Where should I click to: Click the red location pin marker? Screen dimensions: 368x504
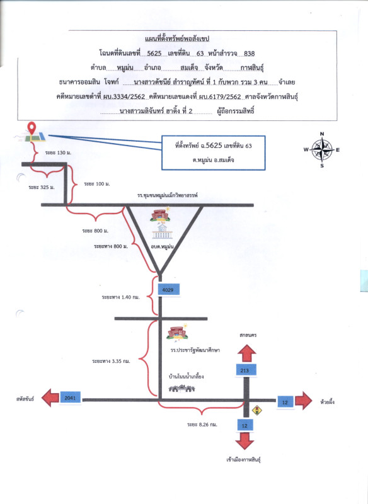pyautogui.click(x=32, y=129)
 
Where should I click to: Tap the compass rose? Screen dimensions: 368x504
pyautogui.click(x=322, y=150)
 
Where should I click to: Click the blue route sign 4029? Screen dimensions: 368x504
pyautogui.click(x=168, y=290)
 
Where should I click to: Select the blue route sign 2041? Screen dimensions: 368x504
pyautogui.click(x=70, y=398)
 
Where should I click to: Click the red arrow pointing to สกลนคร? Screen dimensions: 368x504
pyautogui.click(x=246, y=353)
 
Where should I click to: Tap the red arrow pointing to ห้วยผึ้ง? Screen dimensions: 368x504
pyautogui.click(x=303, y=401)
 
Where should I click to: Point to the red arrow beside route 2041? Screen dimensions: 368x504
pyautogui.click(x=50, y=398)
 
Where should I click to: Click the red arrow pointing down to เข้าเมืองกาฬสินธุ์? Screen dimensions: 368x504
pyautogui.click(x=244, y=440)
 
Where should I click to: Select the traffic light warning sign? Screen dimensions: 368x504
pyautogui.click(x=257, y=411)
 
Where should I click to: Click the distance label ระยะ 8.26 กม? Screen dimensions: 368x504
pyautogui.click(x=202, y=425)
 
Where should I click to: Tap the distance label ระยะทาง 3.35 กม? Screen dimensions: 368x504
pyautogui.click(x=111, y=361)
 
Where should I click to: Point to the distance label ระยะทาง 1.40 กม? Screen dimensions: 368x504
pyautogui.click(x=120, y=297)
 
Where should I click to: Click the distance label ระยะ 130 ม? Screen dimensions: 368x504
pyautogui.click(x=58, y=152)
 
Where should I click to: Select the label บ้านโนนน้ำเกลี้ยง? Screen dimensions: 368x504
pyautogui.click(x=187, y=376)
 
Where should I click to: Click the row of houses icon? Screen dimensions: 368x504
pyautogui.click(x=182, y=389)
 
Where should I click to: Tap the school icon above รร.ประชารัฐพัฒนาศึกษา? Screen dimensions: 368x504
pyautogui.click(x=177, y=333)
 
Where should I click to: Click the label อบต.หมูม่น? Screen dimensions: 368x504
pyautogui.click(x=163, y=246)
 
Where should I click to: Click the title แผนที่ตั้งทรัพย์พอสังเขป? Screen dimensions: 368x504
pyautogui.click(x=177, y=39)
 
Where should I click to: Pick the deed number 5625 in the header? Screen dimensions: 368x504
pyautogui.click(x=154, y=54)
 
